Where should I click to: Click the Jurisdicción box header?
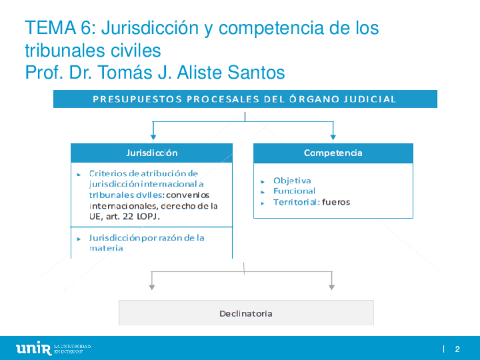coord(151,153)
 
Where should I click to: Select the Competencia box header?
coord(333,153)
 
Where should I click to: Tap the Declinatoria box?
coord(246,313)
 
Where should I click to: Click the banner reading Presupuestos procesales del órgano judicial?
coord(245,99)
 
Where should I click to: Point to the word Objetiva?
coord(292,181)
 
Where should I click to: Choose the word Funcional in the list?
coord(294,191)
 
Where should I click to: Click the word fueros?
coord(336,202)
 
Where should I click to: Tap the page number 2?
coord(457,349)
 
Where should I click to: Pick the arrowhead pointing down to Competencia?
coord(333,136)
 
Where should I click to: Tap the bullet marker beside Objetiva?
coord(263,181)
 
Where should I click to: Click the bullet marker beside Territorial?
coord(263,203)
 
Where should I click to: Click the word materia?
coord(106,248)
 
